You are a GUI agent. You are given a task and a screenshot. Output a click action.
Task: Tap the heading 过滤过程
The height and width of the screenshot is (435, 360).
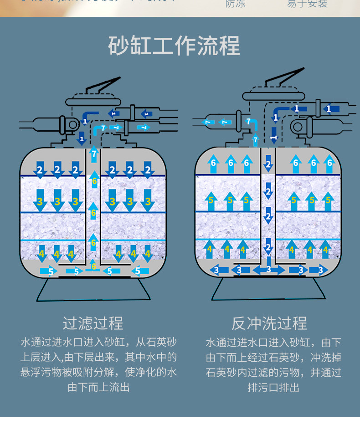coord(93,323)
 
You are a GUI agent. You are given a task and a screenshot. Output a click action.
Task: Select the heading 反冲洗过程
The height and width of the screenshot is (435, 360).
coord(269,323)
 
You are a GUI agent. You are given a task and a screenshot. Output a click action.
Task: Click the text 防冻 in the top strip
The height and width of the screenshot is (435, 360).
coord(235,4)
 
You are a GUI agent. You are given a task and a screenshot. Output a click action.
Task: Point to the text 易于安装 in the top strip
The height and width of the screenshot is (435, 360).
coord(307,4)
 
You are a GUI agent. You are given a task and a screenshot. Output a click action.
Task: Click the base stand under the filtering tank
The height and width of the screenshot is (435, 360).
coord(93,289)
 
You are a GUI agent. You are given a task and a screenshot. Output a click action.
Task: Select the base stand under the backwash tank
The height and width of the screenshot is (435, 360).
coord(268,289)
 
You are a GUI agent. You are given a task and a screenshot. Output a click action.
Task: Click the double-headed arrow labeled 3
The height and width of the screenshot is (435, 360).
coord(268,270)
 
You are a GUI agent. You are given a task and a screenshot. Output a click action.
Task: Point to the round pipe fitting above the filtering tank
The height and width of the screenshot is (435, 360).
coord(72,124)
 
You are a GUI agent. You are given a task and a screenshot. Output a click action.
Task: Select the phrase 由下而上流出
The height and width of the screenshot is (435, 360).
coord(98,388)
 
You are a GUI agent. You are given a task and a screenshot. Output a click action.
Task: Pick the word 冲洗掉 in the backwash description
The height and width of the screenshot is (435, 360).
coord(326,357)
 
